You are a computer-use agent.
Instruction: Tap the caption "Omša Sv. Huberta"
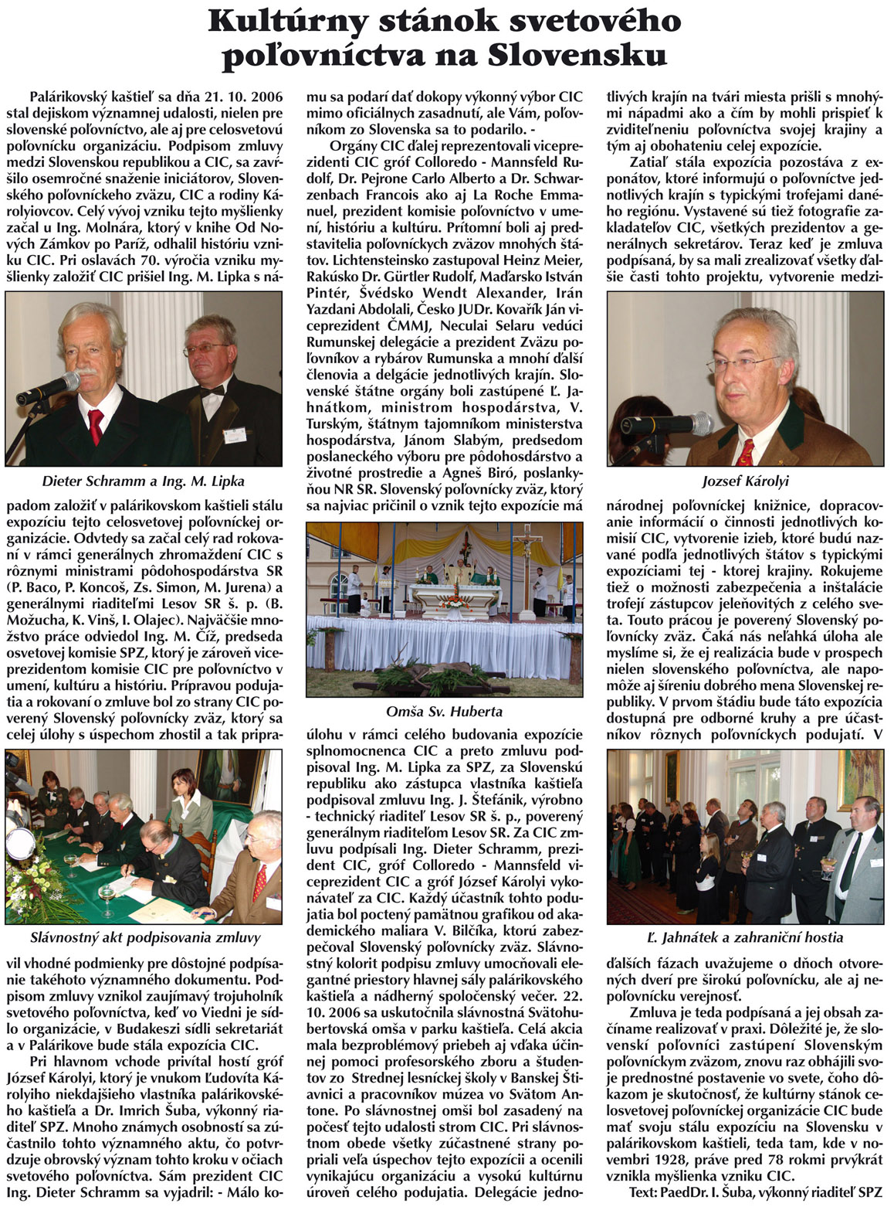coord(444,711)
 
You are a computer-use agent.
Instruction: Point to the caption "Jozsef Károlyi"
coord(745,481)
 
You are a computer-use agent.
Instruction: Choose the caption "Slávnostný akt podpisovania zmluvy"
coord(145,937)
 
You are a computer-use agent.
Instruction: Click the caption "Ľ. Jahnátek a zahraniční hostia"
coord(745,937)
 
